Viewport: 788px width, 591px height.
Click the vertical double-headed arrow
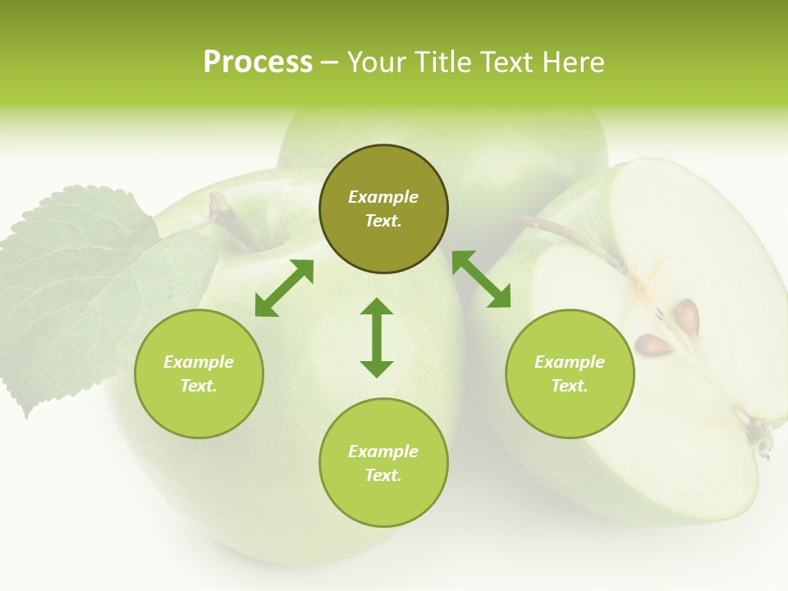(377, 337)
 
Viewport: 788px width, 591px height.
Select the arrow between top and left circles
(284, 288)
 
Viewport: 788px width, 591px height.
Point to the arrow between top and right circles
(481, 279)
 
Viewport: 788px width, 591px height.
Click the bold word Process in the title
(258, 62)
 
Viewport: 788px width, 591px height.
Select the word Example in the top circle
(383, 197)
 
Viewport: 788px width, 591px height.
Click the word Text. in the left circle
(199, 386)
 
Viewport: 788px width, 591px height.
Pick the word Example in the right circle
(570, 362)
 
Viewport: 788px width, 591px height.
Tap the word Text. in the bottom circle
(383, 475)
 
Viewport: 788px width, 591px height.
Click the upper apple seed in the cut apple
(687, 317)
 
